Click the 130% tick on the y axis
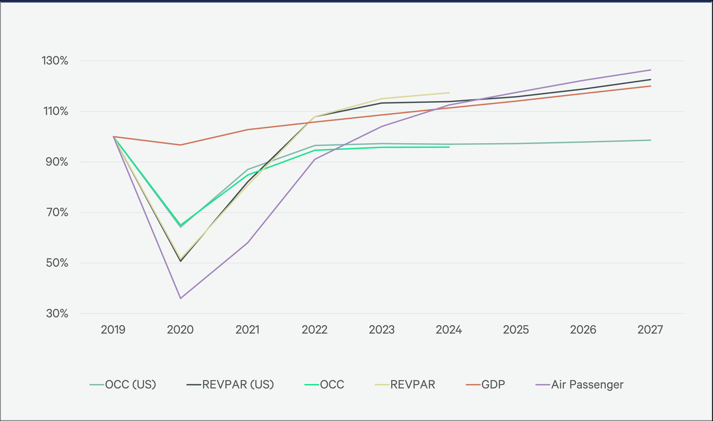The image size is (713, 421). point(55,61)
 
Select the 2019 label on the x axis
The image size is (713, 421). point(113,330)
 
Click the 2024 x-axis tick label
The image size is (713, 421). point(449,330)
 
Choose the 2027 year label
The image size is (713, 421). point(650,330)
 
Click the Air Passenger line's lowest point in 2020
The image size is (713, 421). point(180,298)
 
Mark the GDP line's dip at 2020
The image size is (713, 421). point(180,145)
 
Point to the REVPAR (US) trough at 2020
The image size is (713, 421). point(180,261)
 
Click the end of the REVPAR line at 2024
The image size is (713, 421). point(449,93)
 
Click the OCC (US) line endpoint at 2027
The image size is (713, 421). point(650,140)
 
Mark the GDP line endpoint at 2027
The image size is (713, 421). point(650,86)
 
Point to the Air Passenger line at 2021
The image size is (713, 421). point(248,243)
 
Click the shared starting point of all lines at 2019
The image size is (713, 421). point(113,137)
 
